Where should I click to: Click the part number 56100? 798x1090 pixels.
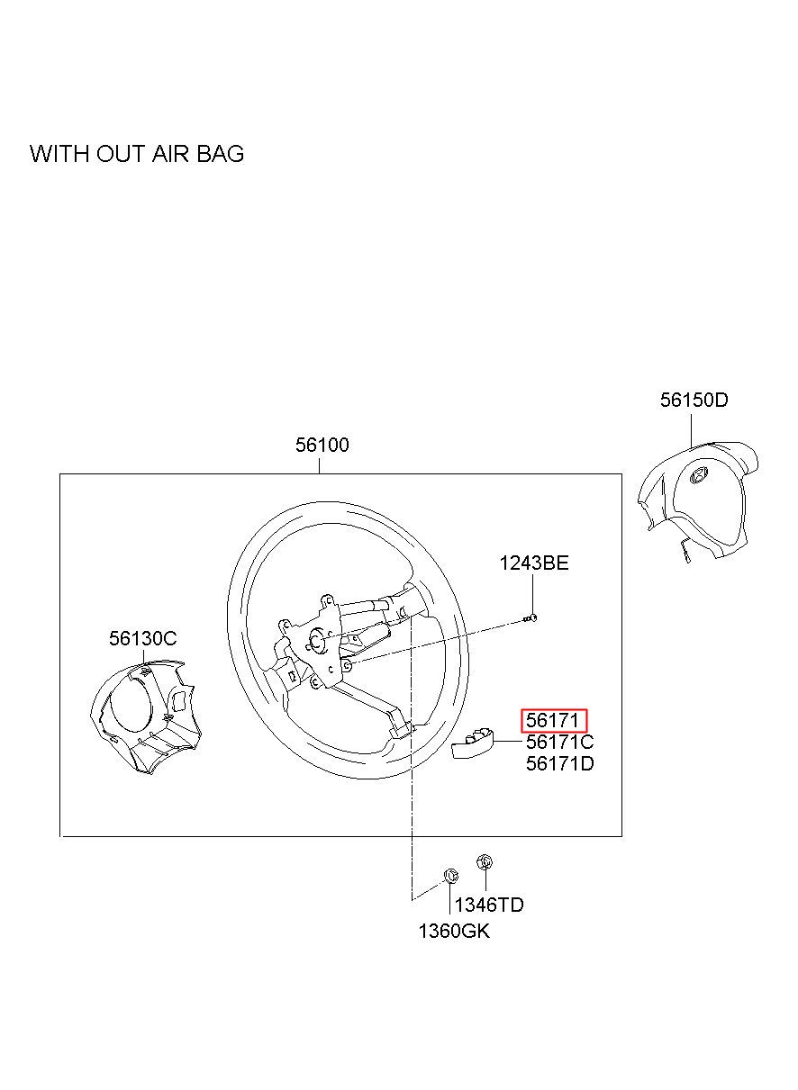pyautogui.click(x=322, y=445)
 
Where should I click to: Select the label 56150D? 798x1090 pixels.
pyautogui.click(x=694, y=400)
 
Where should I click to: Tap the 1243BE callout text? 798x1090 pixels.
pyautogui.click(x=534, y=563)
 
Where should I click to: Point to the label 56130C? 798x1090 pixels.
pyautogui.click(x=143, y=638)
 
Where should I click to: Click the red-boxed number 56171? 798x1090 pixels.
pyautogui.click(x=554, y=721)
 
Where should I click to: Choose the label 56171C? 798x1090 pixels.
pyautogui.click(x=559, y=743)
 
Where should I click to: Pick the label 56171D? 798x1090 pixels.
pyautogui.click(x=559, y=764)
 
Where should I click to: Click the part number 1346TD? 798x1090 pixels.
pyautogui.click(x=489, y=905)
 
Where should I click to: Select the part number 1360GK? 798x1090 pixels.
pyautogui.click(x=454, y=931)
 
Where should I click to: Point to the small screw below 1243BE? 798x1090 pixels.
pyautogui.click(x=531, y=617)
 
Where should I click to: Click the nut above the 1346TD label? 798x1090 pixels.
pyautogui.click(x=484, y=862)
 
